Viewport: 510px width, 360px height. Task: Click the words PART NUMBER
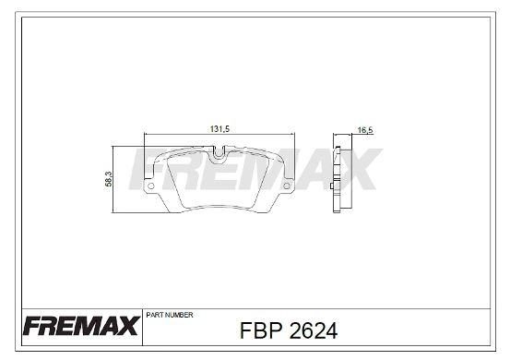(169, 314)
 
